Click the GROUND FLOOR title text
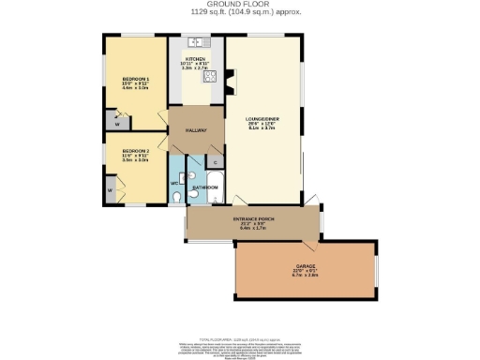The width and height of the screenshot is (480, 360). (239, 5)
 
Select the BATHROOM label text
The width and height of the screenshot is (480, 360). (205, 187)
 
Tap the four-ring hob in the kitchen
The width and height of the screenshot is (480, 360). (211, 78)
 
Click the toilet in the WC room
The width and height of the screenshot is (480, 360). (177, 196)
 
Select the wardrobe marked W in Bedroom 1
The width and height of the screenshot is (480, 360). (117, 121)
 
